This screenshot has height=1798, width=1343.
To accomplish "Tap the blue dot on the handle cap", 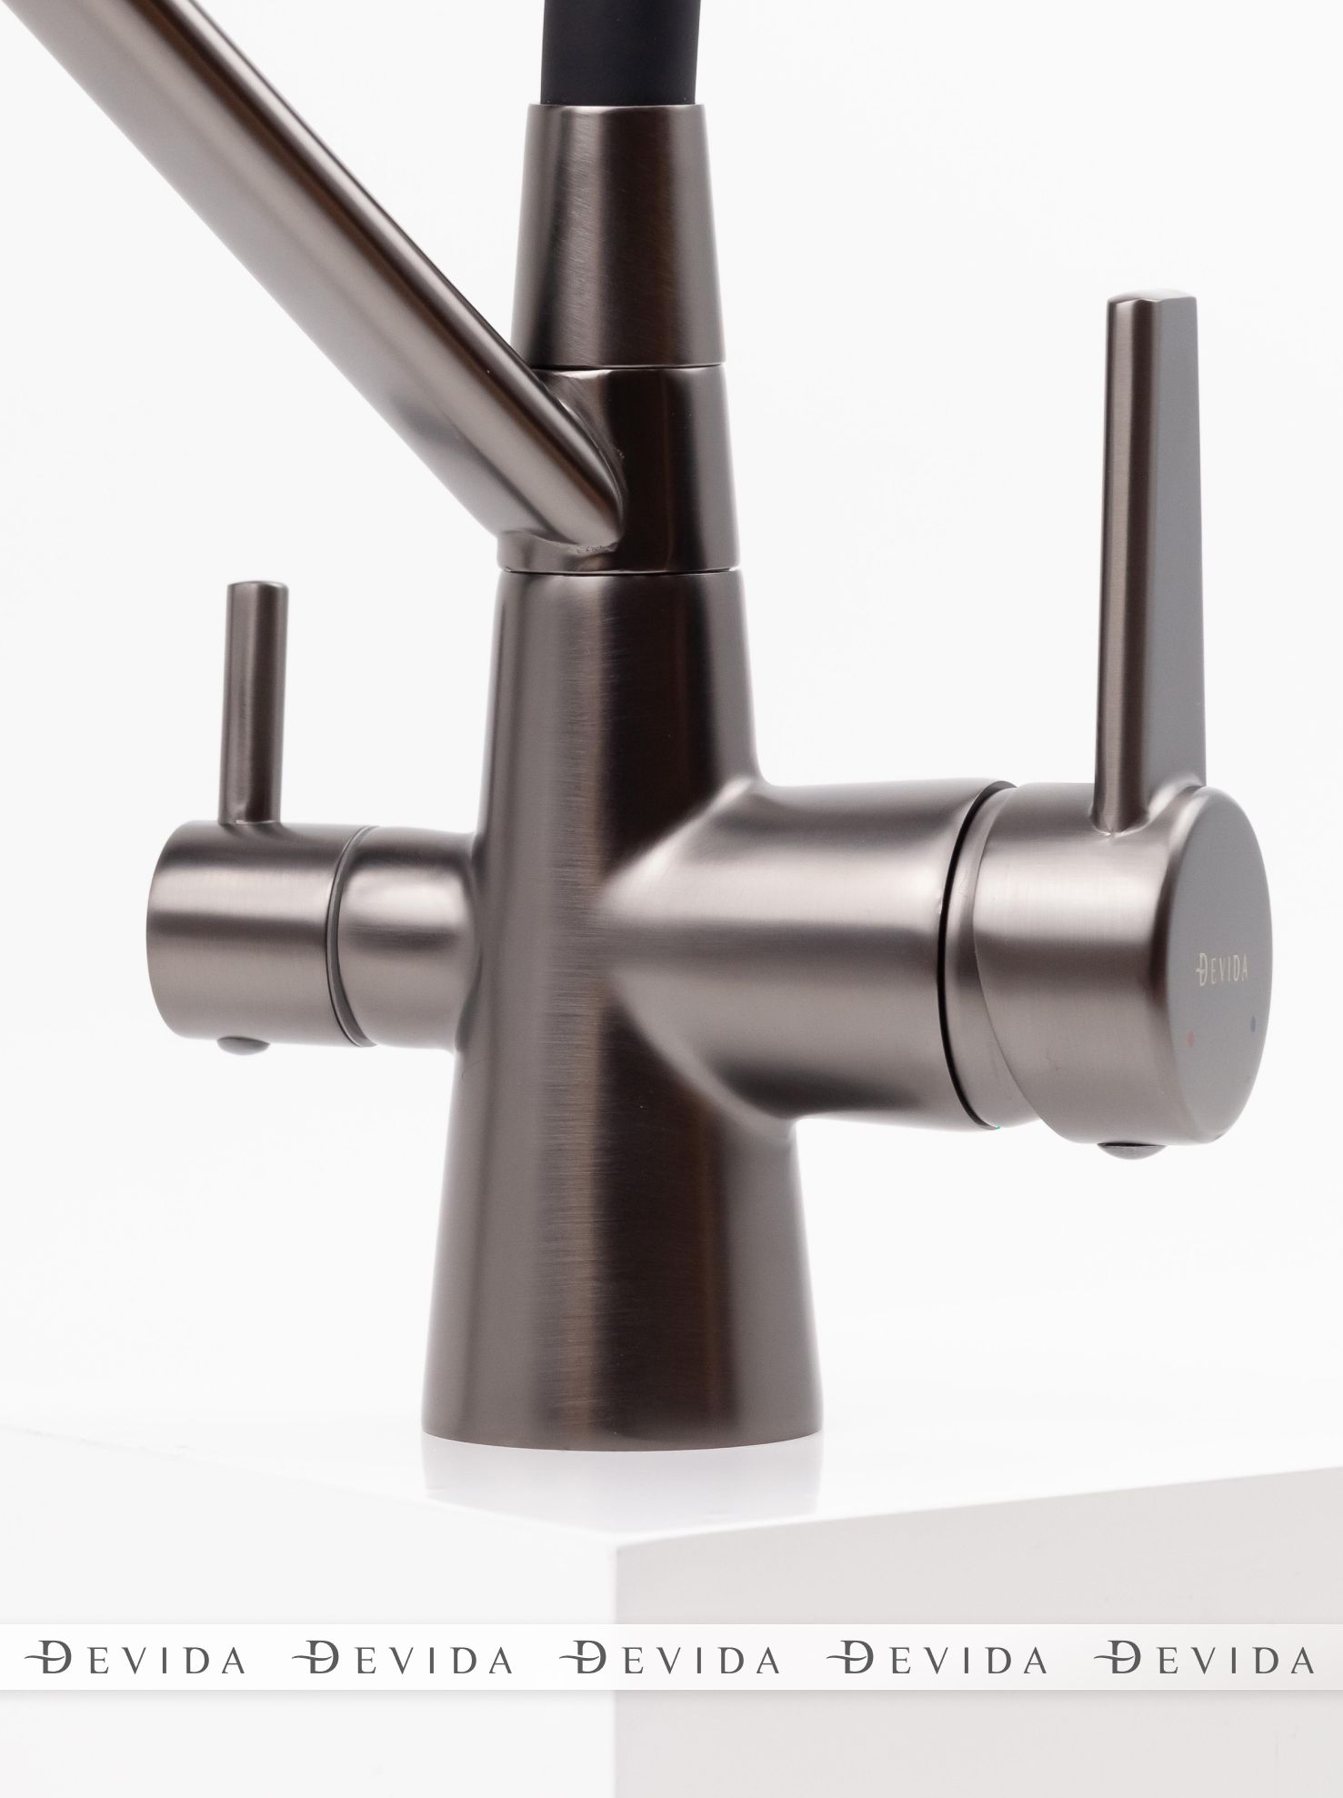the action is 1255,1021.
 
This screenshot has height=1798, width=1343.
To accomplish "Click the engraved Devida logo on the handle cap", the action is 1221,971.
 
